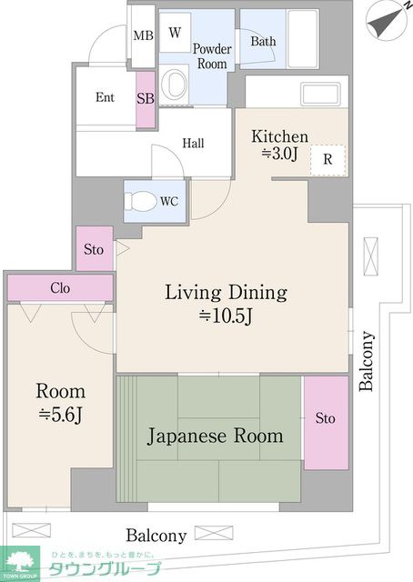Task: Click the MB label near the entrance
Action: coord(144,35)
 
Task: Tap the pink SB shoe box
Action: coord(146,99)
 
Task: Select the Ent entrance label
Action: coord(105,97)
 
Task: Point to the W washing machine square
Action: coord(175,33)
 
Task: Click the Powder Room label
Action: coord(212,56)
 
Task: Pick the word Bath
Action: coord(263,41)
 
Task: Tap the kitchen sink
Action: coord(321,94)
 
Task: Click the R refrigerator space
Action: coord(328,160)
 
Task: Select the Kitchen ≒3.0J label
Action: coord(279,145)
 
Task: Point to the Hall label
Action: coord(193,144)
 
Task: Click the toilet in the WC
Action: coord(140,202)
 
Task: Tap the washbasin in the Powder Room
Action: coord(175,85)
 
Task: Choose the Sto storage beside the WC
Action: coord(95,248)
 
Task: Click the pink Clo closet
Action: coord(60,287)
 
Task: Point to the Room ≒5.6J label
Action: coord(60,403)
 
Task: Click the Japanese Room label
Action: coord(215,436)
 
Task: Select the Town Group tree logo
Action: coord(20,562)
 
